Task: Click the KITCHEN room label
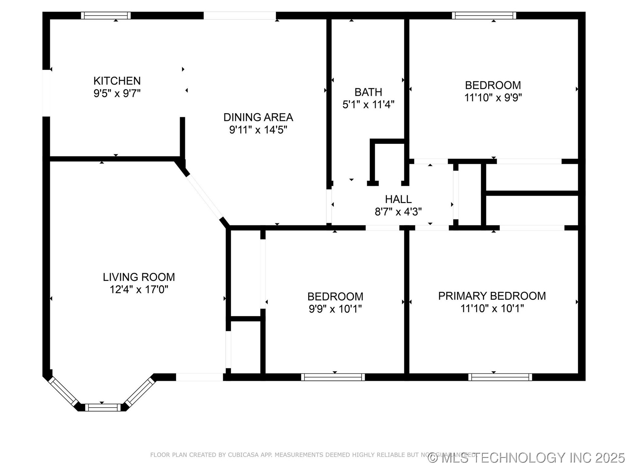click(x=117, y=81)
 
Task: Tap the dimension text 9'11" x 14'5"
click(x=258, y=130)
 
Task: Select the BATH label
click(x=368, y=92)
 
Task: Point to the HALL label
click(x=398, y=199)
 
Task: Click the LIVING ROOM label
click(x=139, y=277)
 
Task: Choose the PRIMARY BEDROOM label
click(x=492, y=296)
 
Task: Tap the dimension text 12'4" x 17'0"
click(x=139, y=290)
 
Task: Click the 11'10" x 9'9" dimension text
click(x=493, y=97)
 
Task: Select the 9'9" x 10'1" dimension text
click(x=335, y=309)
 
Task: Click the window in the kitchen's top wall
click(x=106, y=15)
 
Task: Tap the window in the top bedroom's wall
click(x=484, y=15)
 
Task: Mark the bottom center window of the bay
click(x=103, y=407)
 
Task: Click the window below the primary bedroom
click(x=500, y=377)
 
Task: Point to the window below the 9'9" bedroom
click(x=333, y=377)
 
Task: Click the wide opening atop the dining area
click(x=240, y=15)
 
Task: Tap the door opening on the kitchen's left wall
click(x=46, y=93)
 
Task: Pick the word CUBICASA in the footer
click(x=242, y=455)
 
